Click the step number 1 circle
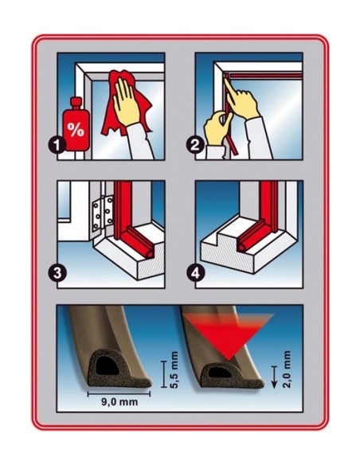coord(57,145)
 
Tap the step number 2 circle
coord(195,145)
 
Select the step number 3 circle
coord(57,273)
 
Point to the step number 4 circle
coord(195,273)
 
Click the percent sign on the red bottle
coord(76,129)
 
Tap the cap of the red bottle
coord(76,102)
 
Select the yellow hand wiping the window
coord(127,101)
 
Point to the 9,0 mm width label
coord(119,402)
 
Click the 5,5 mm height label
coord(174,369)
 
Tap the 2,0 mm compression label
coord(287,369)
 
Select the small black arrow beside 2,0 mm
coord(274,377)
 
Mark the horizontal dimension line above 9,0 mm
coord(119,394)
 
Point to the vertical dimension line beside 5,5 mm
coord(163,374)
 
